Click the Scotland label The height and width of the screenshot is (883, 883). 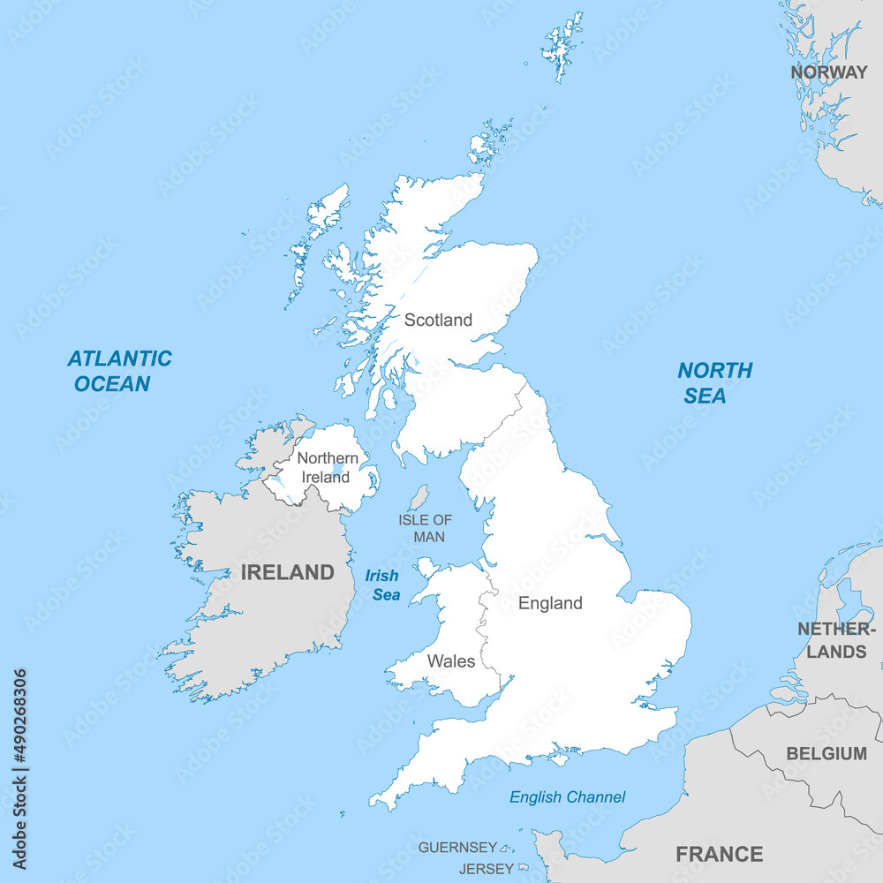coord(438,320)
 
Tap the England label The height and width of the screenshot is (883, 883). coord(550,603)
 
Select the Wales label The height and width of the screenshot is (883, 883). coord(451,660)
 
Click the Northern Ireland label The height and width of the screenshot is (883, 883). coord(328,467)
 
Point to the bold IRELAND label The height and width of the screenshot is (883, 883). coord(288,572)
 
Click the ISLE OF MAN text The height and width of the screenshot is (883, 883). coord(425,528)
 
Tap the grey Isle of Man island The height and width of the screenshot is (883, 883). coord(419,497)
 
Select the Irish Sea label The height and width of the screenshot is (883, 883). coord(384,585)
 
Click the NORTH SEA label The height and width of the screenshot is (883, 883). coord(714,382)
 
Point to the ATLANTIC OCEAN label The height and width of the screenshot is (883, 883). coord(119,371)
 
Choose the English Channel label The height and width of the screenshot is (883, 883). coord(567,797)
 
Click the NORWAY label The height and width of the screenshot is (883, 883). coord(828,72)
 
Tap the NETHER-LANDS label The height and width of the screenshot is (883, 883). coord(836,640)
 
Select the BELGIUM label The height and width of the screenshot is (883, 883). coord(826,754)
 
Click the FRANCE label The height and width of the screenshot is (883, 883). coord(719,854)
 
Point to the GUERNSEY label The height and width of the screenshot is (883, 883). coord(457,848)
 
